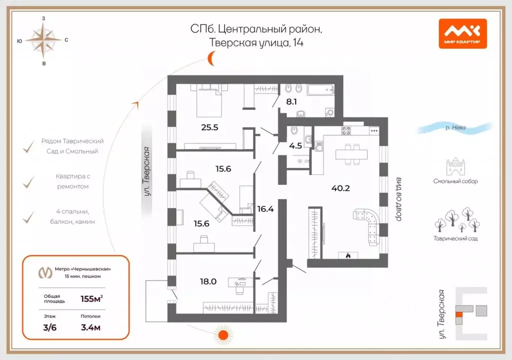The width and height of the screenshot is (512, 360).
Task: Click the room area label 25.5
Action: [x=209, y=127]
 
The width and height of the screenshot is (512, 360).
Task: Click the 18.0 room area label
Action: [x=208, y=281]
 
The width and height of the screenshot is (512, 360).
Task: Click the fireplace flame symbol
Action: [x=348, y=255]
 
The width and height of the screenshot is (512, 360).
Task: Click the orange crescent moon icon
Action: [x=212, y=60]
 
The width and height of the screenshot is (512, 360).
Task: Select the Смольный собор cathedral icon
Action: [x=455, y=168]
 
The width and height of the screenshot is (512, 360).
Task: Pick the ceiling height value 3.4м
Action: [x=91, y=328]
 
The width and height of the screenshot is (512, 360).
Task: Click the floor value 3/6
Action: [x=50, y=328]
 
